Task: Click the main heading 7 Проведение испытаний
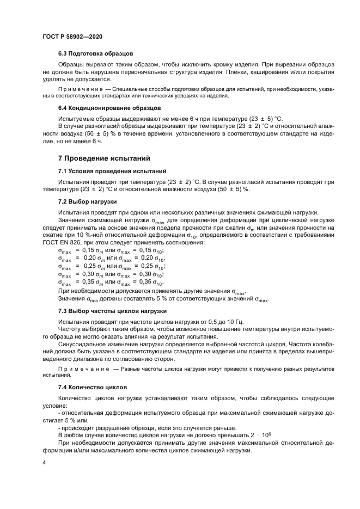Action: tap(103, 159)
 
